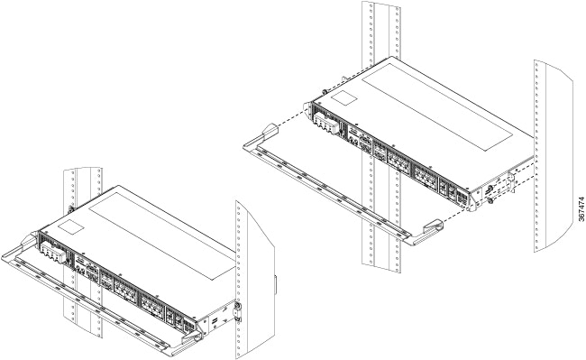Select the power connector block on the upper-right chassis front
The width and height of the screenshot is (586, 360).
click(x=325, y=123)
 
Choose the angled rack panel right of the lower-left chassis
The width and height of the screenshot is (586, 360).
click(x=254, y=280)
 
